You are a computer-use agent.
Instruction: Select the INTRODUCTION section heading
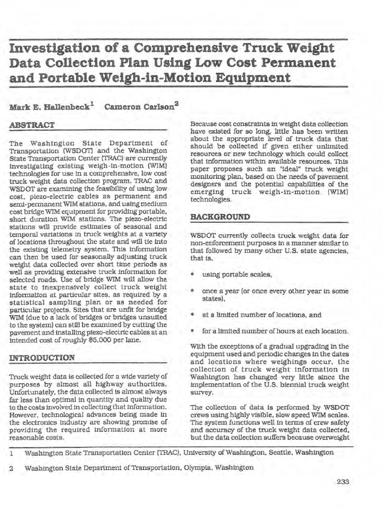point(42,357)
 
